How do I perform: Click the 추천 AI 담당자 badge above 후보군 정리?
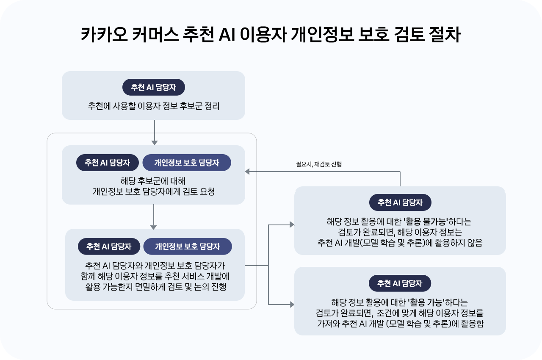click(x=154, y=87)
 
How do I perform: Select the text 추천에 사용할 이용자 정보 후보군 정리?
click(x=154, y=105)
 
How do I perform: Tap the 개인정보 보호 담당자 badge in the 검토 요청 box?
click(x=187, y=163)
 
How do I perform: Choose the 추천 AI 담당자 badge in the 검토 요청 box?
click(x=108, y=163)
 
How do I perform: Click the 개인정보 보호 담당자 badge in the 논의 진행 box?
click(x=188, y=246)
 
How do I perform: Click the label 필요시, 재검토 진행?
click(x=319, y=164)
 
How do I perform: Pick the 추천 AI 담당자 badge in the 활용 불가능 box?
click(x=400, y=202)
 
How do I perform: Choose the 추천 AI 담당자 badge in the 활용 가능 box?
click(x=400, y=283)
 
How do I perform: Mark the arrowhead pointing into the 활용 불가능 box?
click(x=291, y=224)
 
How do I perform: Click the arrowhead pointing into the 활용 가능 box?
click(x=291, y=305)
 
